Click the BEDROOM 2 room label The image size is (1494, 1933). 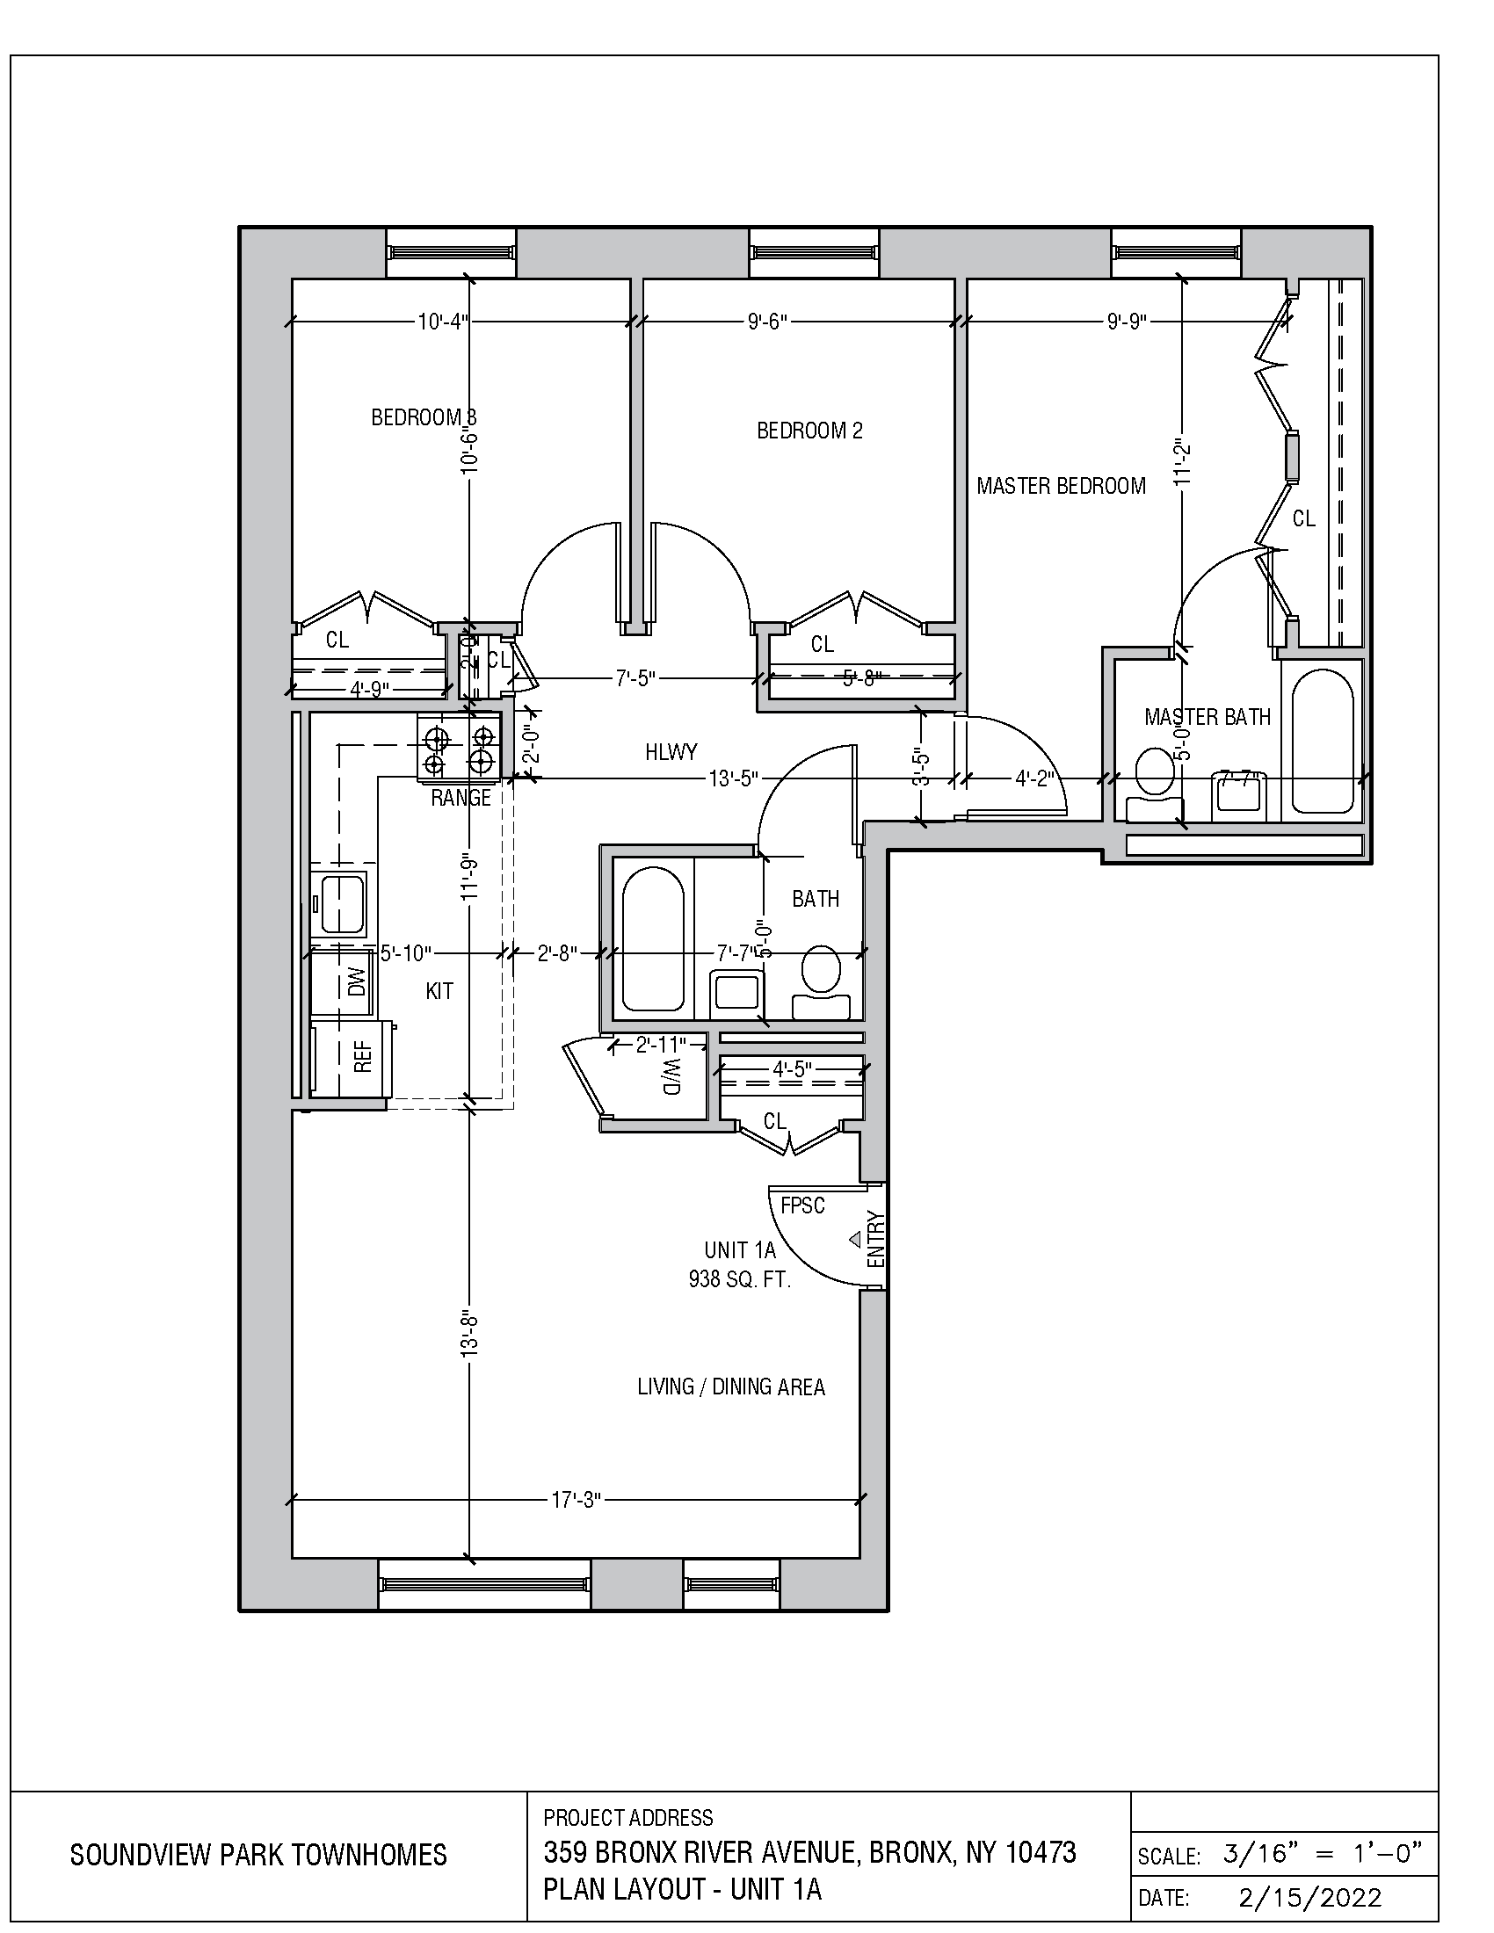(x=809, y=431)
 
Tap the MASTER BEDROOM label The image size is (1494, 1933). (x=1061, y=486)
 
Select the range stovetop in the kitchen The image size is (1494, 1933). (x=458, y=749)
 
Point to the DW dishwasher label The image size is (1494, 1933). (x=357, y=981)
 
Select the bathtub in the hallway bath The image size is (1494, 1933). (x=653, y=939)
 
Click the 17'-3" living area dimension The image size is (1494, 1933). (x=577, y=1499)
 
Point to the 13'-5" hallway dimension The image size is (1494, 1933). (x=733, y=778)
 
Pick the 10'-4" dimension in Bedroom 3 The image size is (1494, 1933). (x=443, y=322)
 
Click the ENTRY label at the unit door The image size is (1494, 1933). (x=875, y=1238)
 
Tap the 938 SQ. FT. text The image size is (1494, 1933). (x=739, y=1279)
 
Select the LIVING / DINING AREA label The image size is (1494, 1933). (x=731, y=1386)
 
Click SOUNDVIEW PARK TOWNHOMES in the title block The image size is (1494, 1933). (x=258, y=1855)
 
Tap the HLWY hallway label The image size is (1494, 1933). (x=671, y=752)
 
